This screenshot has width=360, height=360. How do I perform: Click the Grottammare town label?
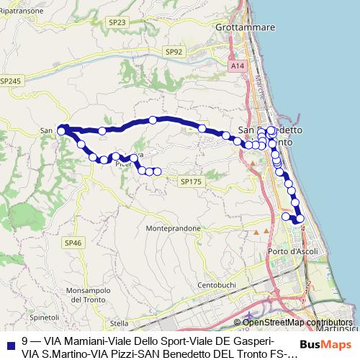[246, 27]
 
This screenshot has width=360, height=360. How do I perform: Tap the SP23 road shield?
[117, 22]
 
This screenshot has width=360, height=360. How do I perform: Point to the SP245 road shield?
[11, 81]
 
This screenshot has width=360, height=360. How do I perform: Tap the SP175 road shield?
[192, 182]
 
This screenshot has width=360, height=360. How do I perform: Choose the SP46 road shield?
[73, 243]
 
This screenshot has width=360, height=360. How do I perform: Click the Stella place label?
[119, 323]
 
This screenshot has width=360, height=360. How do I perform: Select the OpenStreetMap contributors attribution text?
[297, 323]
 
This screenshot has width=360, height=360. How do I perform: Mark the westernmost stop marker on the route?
[62, 130]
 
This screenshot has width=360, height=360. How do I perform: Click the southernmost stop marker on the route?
[300, 219]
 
